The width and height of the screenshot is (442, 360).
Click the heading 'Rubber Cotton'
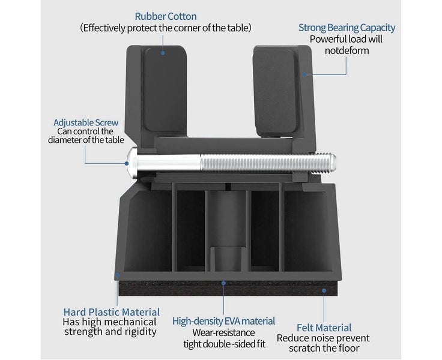coord(166,16)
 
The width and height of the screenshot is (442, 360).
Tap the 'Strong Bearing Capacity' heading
coord(347,28)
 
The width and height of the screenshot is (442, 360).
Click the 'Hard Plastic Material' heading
coord(111,312)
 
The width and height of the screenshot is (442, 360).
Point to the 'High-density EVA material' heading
coord(223,321)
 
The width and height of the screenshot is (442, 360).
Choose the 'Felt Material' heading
coord(324,328)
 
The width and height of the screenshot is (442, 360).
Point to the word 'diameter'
coord(66,140)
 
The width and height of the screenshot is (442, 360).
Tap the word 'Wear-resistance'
coord(223,332)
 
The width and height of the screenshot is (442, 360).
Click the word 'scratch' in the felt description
coord(305,349)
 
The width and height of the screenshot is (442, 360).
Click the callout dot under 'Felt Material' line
coord(324,290)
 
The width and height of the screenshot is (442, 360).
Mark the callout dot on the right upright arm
coord(304,74)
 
